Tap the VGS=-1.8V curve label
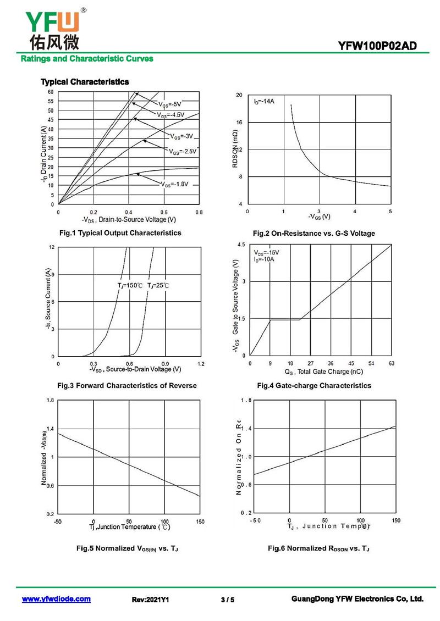click(175, 184)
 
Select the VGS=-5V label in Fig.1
click(169, 104)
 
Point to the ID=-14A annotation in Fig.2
click(264, 102)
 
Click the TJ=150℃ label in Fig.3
click(130, 286)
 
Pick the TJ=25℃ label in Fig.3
click(158, 286)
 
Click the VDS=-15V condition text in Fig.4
click(267, 252)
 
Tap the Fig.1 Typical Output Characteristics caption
click(122, 233)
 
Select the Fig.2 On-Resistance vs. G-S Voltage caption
click(313, 234)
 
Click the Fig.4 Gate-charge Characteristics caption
click(314, 386)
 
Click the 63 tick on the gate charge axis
click(391, 363)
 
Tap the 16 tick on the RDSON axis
click(239, 122)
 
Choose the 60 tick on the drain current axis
click(51, 92)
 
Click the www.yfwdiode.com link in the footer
click(56, 599)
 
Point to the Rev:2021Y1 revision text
click(150, 600)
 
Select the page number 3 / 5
click(227, 600)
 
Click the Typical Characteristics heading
click(85, 82)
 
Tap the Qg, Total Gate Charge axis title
click(320, 372)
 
